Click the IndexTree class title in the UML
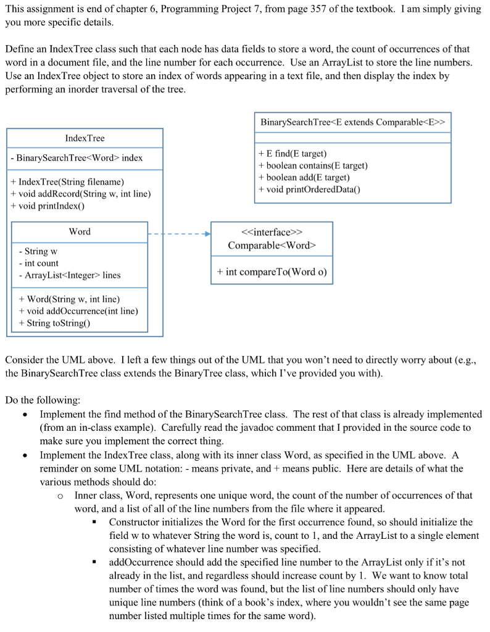(85, 138)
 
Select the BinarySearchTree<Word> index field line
(77, 158)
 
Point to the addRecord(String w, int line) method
(81, 194)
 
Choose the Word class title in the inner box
(80, 231)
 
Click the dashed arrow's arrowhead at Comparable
(207, 235)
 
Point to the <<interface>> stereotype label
(272, 233)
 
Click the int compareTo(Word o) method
(272, 272)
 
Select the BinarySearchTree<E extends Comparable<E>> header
(352, 122)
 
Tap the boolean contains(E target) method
(313, 165)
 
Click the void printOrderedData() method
(309, 189)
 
